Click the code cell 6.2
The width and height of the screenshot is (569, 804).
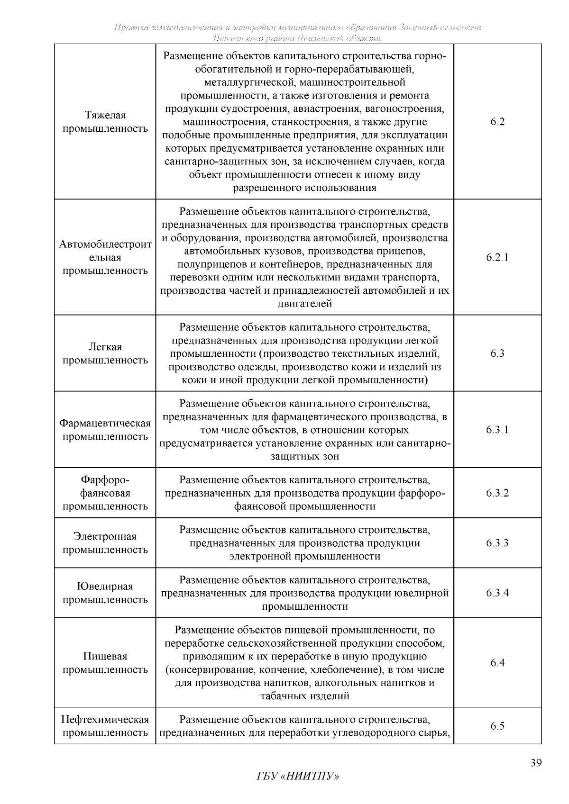pyautogui.click(x=497, y=122)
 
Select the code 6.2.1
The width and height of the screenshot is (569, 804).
pyautogui.click(x=497, y=258)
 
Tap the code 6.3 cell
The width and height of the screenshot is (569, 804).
pyautogui.click(x=497, y=353)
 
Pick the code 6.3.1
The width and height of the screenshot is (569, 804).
pyautogui.click(x=497, y=430)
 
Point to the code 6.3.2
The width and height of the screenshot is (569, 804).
pyautogui.click(x=497, y=493)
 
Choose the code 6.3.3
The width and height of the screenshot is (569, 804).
pyautogui.click(x=497, y=543)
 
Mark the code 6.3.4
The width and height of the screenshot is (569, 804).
pyautogui.click(x=497, y=593)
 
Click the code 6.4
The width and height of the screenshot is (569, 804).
pyautogui.click(x=497, y=663)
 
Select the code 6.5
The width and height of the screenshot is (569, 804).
pyautogui.click(x=497, y=726)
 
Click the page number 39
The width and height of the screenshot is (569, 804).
pyautogui.click(x=535, y=763)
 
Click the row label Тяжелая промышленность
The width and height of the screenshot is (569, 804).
pyautogui.click(x=105, y=122)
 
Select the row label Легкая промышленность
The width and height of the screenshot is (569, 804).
pyautogui.click(x=105, y=354)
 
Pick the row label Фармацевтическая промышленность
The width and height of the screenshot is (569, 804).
pyautogui.click(x=105, y=430)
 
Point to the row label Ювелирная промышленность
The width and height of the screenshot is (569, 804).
pyautogui.click(x=105, y=593)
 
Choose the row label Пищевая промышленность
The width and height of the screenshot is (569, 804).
pyautogui.click(x=105, y=663)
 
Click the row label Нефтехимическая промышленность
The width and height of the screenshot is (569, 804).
pyautogui.click(x=105, y=726)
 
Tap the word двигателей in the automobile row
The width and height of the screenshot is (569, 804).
pyautogui.click(x=304, y=304)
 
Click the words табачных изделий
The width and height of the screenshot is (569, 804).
pyautogui.click(x=304, y=696)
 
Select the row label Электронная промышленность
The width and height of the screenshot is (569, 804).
pyautogui.click(x=105, y=543)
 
